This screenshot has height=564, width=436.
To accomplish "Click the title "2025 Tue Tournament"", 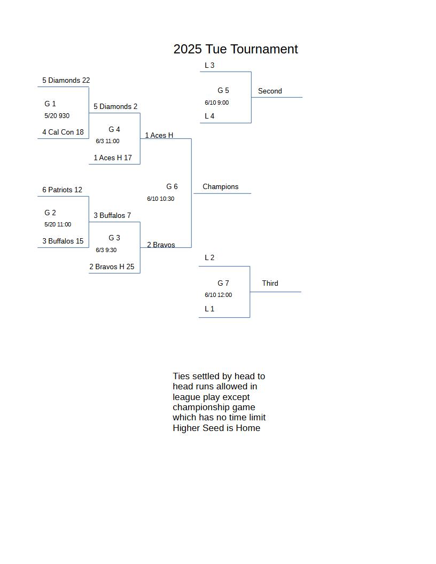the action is click(x=236, y=49).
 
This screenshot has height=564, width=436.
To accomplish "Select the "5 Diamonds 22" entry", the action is click(x=66, y=80).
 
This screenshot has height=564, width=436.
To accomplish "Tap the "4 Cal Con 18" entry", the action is click(x=63, y=132).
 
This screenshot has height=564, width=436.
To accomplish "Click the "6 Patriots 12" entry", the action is click(x=62, y=190).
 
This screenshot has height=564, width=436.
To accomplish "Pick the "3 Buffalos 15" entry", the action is click(x=63, y=241).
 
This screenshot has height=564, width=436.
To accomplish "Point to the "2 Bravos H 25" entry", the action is click(x=112, y=267).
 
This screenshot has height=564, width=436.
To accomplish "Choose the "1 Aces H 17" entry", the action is click(x=113, y=158).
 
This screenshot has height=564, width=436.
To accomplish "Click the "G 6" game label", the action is click(x=172, y=186).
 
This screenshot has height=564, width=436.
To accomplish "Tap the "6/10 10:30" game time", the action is click(x=160, y=199).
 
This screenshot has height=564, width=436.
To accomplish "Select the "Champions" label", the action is click(x=221, y=187).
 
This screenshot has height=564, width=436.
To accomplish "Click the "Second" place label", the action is click(x=270, y=91).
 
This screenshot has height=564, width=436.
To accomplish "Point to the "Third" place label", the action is click(x=270, y=283).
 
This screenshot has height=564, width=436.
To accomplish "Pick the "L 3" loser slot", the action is click(x=209, y=65).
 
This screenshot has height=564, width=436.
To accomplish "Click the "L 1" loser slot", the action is click(x=209, y=309).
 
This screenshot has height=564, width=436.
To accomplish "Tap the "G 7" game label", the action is click(x=223, y=283).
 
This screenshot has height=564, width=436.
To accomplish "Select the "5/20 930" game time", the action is click(x=57, y=116).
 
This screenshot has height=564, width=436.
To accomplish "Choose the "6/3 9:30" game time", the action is click(x=106, y=250).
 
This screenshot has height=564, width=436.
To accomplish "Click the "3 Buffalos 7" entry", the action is click(x=112, y=215).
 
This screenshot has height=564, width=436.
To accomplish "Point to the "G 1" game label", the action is click(x=50, y=104).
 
